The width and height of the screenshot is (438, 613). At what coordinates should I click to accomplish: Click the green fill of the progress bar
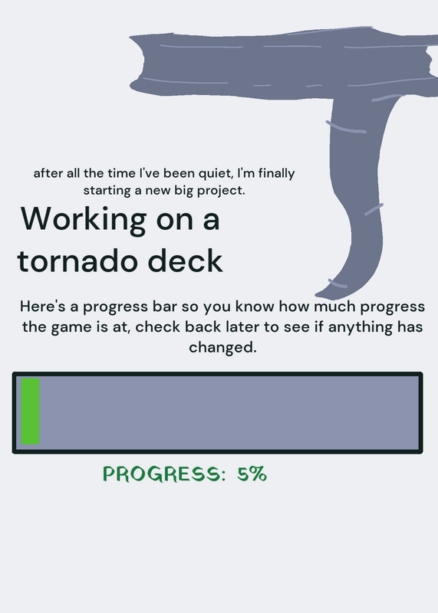30,411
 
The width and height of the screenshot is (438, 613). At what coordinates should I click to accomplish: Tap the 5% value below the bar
252,474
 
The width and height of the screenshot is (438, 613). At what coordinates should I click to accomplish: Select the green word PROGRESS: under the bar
164,474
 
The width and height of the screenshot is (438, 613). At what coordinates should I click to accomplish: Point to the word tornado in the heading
80,261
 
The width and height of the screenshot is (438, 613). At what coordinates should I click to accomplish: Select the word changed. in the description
222,347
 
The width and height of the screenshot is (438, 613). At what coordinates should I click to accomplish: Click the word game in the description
71,327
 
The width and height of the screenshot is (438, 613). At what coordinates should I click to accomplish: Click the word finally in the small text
276,174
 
